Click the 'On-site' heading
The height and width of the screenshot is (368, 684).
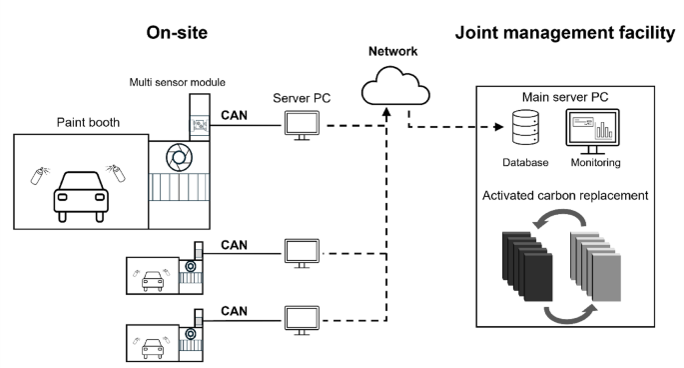[177, 32]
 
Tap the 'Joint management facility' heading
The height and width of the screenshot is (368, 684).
[565, 32]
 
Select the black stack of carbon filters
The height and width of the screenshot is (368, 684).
[519, 262]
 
